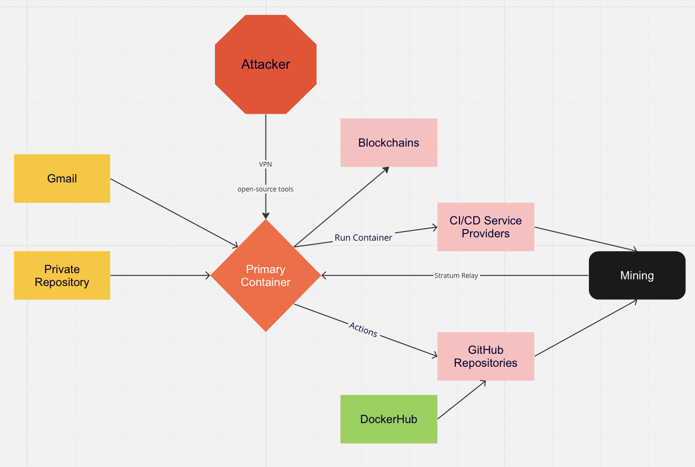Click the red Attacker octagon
266,64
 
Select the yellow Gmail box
62,179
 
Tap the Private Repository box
62,276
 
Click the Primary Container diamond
266,276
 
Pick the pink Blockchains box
388,143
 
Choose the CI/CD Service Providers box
485,227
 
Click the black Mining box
637,276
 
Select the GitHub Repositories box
485,356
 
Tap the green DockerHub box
388,419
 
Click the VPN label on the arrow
266,164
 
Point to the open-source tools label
266,189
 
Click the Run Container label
363,238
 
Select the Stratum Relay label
456,276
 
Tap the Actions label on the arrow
363,329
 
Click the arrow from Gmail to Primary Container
174,213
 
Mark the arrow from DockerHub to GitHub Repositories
461,400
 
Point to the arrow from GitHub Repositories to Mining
586,328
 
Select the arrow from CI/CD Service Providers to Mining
586,239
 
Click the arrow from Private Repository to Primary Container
160,276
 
